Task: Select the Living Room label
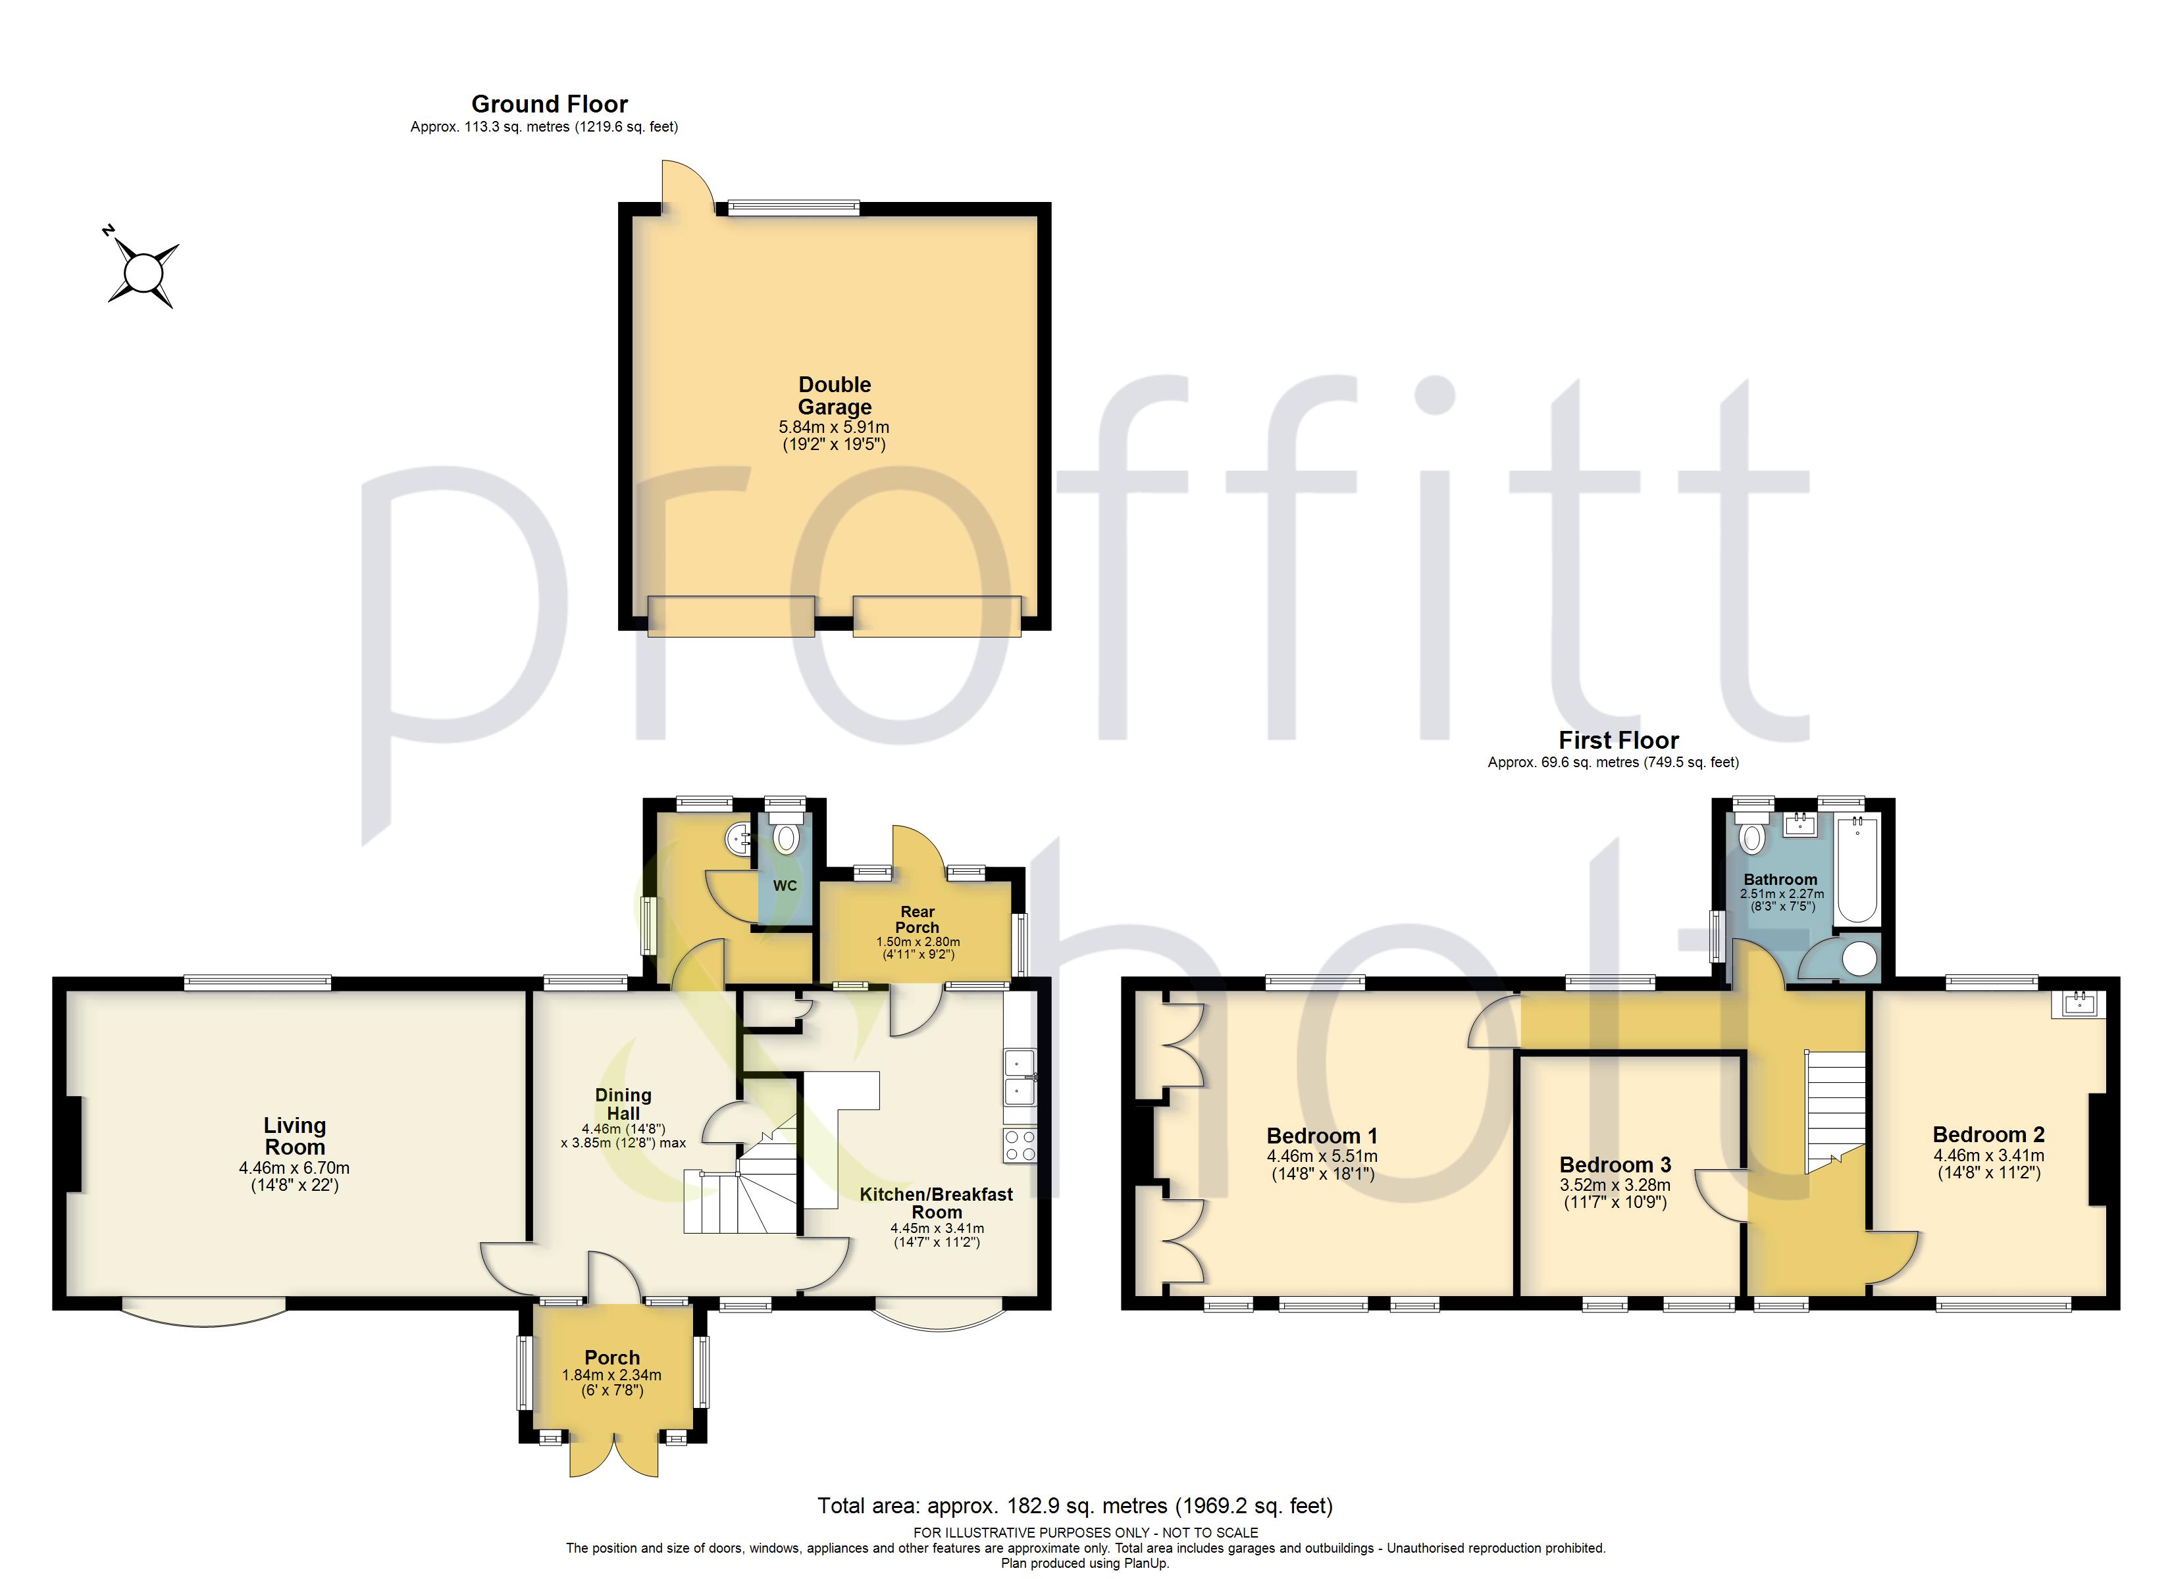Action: click(x=295, y=1137)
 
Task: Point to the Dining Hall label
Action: click(x=623, y=1104)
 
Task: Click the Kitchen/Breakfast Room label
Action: click(x=936, y=1203)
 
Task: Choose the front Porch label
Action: click(x=612, y=1358)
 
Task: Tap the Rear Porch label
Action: click(x=918, y=919)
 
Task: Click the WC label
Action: click(x=785, y=886)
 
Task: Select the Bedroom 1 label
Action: click(x=1322, y=1136)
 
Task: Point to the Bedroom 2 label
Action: click(x=1988, y=1135)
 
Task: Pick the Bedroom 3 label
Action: click(x=1616, y=1165)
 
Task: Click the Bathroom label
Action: click(x=1780, y=879)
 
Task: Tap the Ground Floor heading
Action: click(x=550, y=103)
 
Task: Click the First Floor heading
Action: click(x=1618, y=740)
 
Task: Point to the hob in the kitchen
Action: click(x=1021, y=1145)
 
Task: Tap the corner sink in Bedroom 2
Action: click(x=2079, y=1003)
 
